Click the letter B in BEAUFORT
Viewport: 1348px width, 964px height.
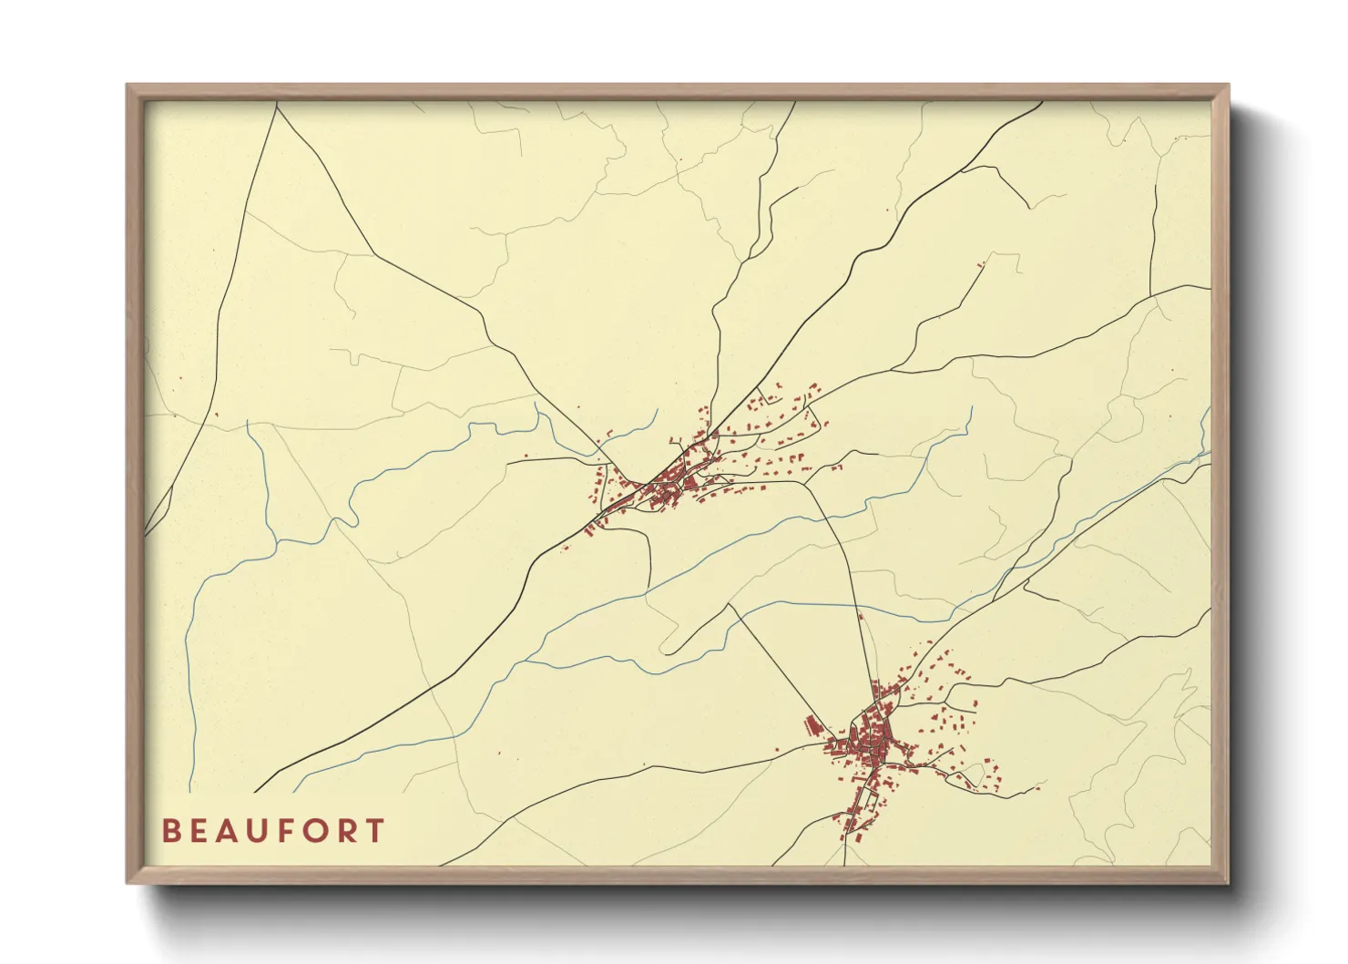170,831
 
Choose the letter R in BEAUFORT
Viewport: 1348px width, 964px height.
347,831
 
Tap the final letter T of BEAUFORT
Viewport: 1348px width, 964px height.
374,831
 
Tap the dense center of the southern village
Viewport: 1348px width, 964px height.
870,743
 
